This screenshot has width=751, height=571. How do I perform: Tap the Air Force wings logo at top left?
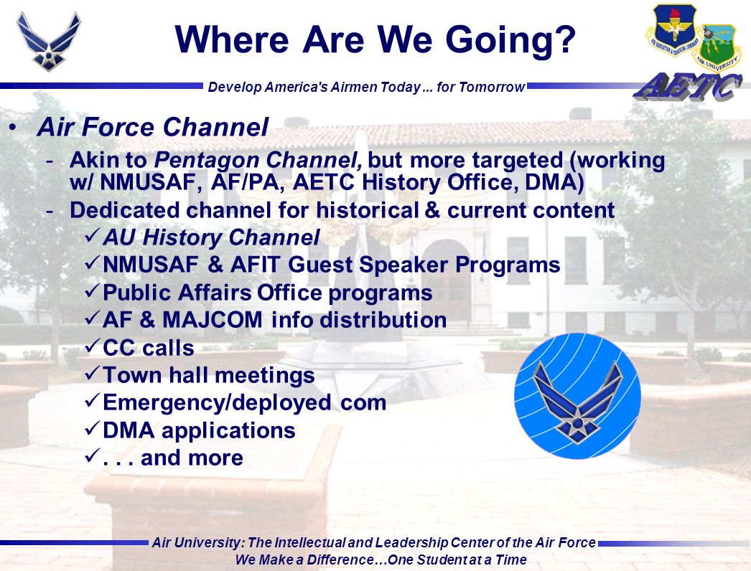[48, 42]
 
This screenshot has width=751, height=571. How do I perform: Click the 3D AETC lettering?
[688, 88]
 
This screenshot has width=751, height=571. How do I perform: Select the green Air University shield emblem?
[717, 48]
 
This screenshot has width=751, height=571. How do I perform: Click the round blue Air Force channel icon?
[578, 396]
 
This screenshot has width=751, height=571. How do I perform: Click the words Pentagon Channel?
[258, 161]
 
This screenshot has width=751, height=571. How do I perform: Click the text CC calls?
[149, 348]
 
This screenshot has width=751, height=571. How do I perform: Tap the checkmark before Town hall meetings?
[93, 373]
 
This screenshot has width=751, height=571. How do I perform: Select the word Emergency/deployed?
[217, 403]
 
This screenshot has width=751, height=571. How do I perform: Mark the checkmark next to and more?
[93, 456]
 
